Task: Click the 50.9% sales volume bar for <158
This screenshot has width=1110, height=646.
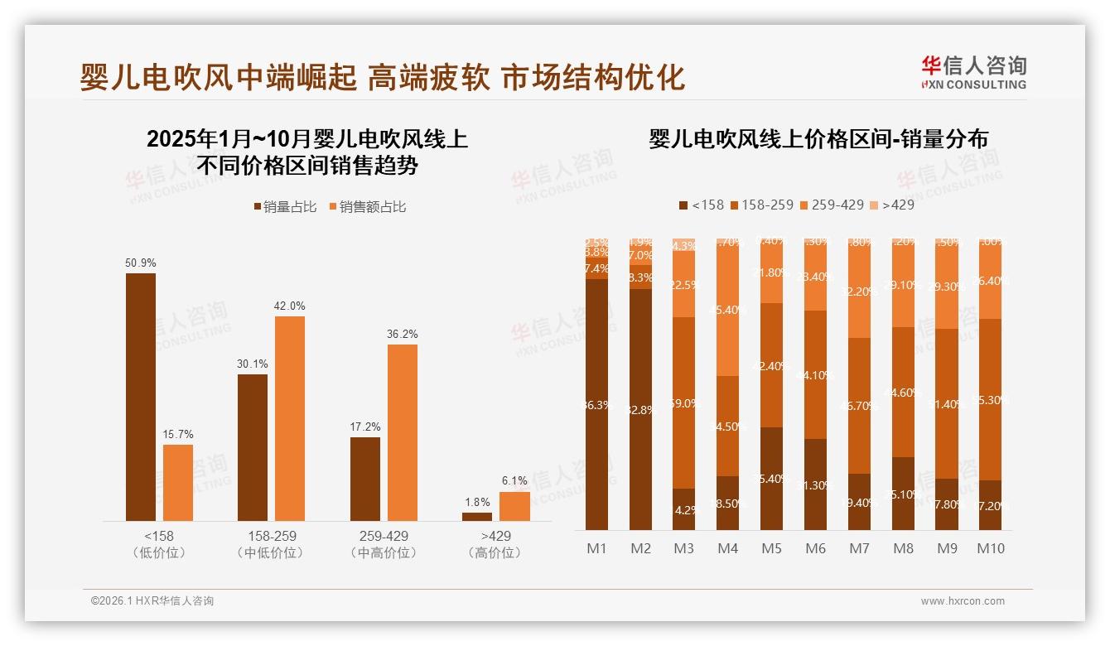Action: click(x=141, y=397)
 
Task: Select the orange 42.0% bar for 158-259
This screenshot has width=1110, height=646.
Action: click(x=289, y=418)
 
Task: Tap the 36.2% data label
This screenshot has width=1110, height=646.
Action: click(x=402, y=334)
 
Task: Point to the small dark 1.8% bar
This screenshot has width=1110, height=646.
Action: click(x=477, y=517)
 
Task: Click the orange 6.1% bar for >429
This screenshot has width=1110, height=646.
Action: click(x=514, y=506)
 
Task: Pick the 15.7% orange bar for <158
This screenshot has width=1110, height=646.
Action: click(x=178, y=483)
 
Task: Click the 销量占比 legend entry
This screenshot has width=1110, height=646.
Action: click(x=285, y=207)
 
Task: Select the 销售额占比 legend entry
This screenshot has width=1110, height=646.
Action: click(x=368, y=207)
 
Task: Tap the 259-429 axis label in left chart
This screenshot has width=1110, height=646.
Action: click(x=385, y=536)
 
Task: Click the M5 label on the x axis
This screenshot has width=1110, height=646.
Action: click(x=772, y=548)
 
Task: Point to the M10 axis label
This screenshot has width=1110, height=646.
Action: click(x=991, y=548)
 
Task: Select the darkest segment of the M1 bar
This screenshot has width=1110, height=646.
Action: click(x=597, y=404)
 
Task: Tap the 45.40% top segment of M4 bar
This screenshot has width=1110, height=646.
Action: click(x=728, y=309)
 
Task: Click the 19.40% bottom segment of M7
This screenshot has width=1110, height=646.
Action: click(x=860, y=502)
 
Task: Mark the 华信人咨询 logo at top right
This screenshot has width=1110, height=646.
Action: click(x=973, y=72)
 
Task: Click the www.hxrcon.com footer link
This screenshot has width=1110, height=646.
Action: click(x=963, y=601)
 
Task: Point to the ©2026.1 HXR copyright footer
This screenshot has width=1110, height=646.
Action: click(x=152, y=601)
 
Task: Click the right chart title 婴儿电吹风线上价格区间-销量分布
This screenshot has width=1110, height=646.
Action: click(x=818, y=139)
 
